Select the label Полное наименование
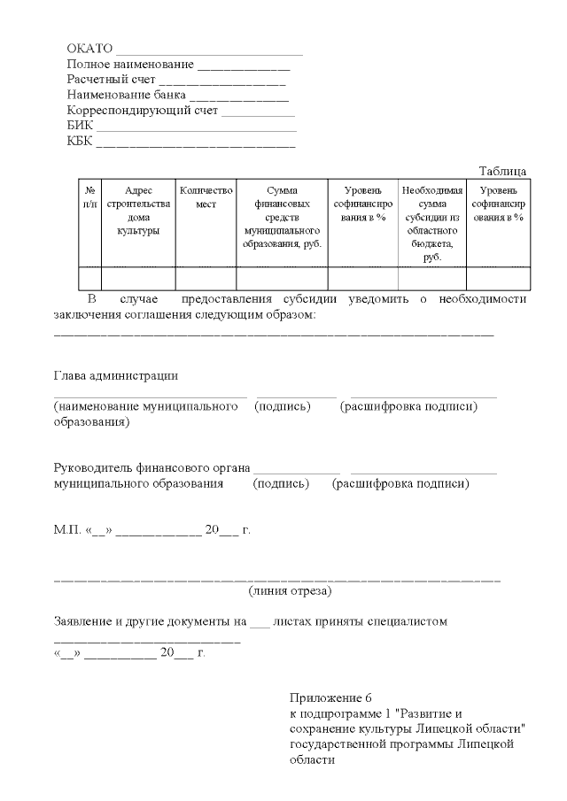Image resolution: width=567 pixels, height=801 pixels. click(130, 65)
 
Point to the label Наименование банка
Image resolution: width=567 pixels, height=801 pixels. click(127, 96)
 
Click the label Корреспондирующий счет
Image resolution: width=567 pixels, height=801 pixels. click(143, 111)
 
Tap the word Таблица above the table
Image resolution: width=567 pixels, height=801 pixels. click(502, 171)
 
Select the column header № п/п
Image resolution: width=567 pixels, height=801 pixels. click(89, 196)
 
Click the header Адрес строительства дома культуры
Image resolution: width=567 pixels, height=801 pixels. click(138, 211)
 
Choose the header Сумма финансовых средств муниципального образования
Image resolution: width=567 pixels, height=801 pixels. click(282, 217)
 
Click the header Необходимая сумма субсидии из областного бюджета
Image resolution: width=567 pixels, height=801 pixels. click(431, 223)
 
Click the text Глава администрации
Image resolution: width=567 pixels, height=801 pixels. click(116, 375)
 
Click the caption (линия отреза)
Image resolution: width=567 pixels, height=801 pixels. click(291, 590)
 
